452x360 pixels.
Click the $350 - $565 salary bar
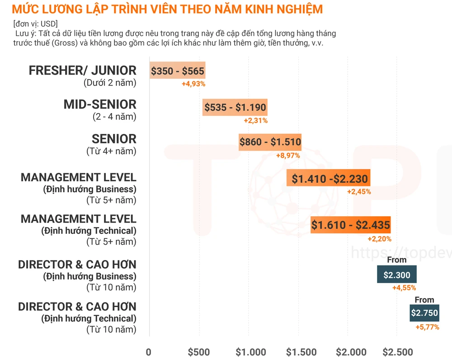(x=178, y=71)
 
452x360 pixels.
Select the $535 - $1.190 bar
(x=235, y=108)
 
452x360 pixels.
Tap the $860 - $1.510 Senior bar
(x=270, y=142)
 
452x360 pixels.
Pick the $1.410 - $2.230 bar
(x=329, y=179)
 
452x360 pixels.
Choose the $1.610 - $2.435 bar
(x=350, y=225)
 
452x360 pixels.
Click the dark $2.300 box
(x=396, y=275)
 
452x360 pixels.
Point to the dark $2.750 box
(x=424, y=313)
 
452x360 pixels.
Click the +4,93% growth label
(x=193, y=84)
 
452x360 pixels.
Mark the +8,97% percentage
(x=287, y=155)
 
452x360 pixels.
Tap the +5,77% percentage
(x=427, y=327)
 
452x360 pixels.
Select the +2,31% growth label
(x=255, y=120)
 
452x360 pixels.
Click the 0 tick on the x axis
(x=149, y=352)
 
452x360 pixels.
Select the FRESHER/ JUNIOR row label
(x=82, y=71)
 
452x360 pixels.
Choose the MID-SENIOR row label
(x=99, y=104)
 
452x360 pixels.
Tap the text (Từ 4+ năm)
(x=111, y=151)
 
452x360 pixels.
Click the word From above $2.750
(x=424, y=299)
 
